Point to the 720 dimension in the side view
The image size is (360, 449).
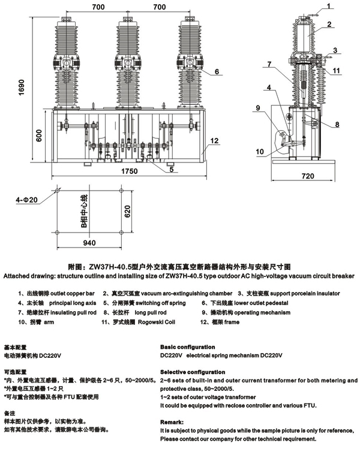[307, 176]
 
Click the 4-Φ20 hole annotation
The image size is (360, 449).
[27, 200]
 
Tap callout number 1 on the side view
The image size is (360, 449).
[329, 7]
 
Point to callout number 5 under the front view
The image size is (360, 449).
[171, 169]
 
